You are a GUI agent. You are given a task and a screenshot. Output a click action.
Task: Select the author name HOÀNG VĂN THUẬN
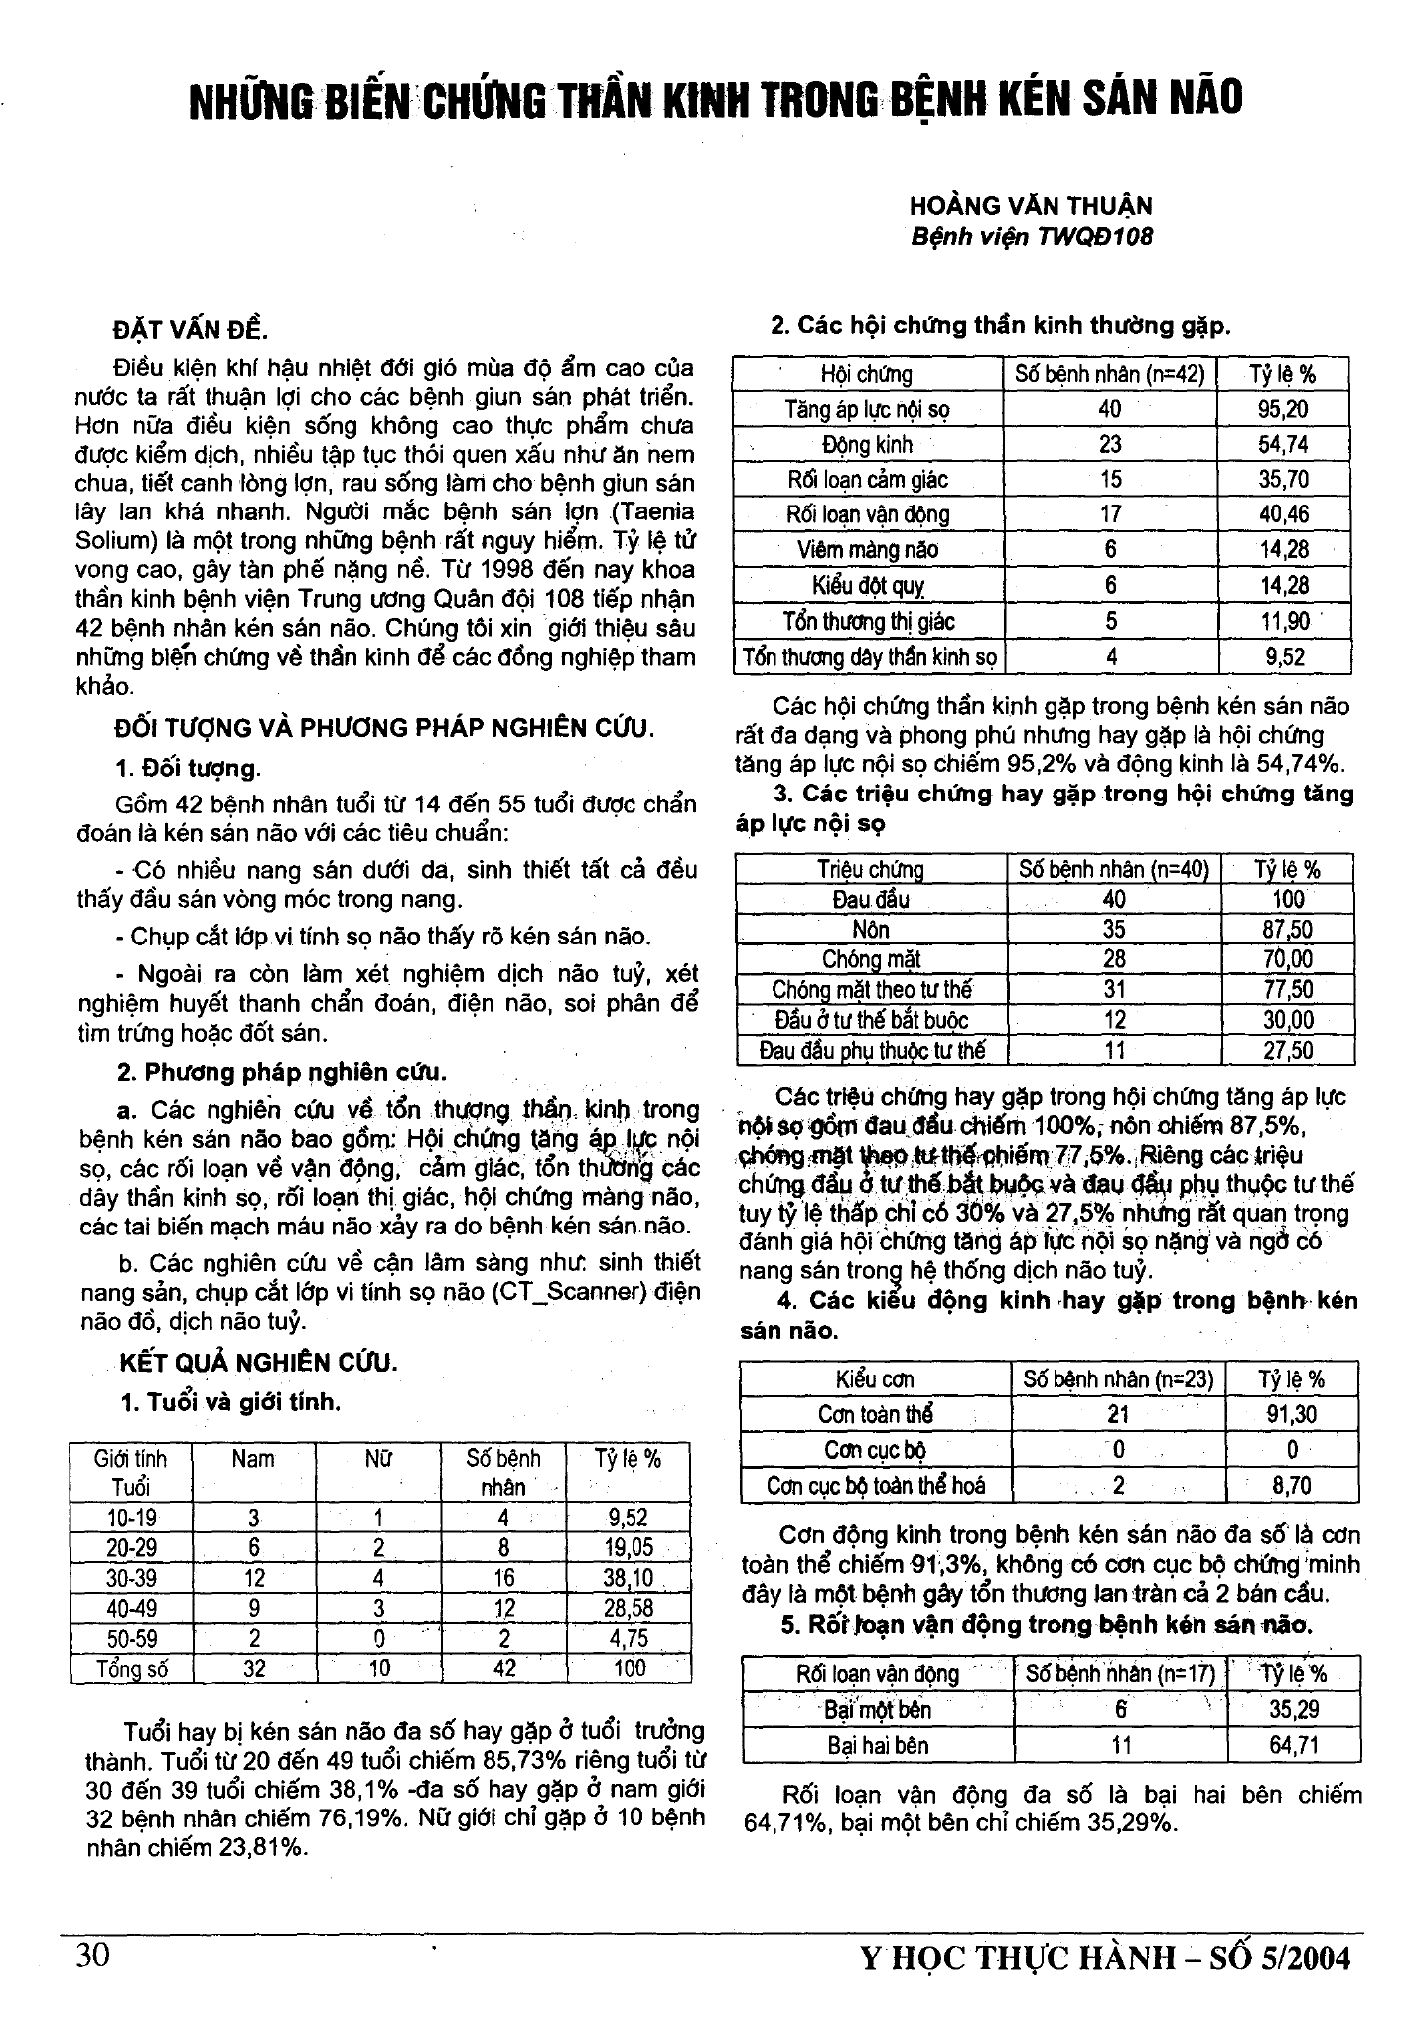pyautogui.click(x=1031, y=207)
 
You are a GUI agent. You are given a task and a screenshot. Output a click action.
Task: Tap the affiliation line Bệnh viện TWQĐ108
pyautogui.click(x=1032, y=238)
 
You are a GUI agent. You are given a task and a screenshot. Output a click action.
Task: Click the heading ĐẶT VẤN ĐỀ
pyautogui.click(x=191, y=330)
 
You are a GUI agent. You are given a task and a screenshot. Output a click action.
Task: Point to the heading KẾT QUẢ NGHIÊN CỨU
pyautogui.click(x=258, y=1362)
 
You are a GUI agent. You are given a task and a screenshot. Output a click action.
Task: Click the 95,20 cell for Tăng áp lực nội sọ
pyautogui.click(x=1283, y=409)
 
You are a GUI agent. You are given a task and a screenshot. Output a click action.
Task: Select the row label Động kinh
pyautogui.click(x=867, y=445)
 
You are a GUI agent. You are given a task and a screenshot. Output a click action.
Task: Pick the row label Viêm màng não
pyautogui.click(x=867, y=550)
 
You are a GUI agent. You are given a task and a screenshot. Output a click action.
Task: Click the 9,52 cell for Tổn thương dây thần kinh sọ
pyautogui.click(x=1283, y=657)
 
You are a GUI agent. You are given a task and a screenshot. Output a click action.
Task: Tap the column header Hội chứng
pyautogui.click(x=867, y=374)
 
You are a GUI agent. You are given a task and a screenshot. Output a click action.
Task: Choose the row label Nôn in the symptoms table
pyautogui.click(x=871, y=930)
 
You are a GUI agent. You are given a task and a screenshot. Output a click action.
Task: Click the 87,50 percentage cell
pyautogui.click(x=1287, y=930)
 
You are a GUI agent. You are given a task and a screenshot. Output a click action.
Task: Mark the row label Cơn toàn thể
pyautogui.click(x=875, y=1414)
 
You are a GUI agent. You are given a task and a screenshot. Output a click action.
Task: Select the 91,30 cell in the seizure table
pyautogui.click(x=1291, y=1414)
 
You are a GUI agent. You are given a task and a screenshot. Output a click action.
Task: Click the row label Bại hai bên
pyautogui.click(x=878, y=1745)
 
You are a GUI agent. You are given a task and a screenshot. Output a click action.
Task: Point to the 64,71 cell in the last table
pyautogui.click(x=1293, y=1745)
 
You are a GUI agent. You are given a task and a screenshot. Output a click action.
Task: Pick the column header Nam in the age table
pyautogui.click(x=253, y=1459)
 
